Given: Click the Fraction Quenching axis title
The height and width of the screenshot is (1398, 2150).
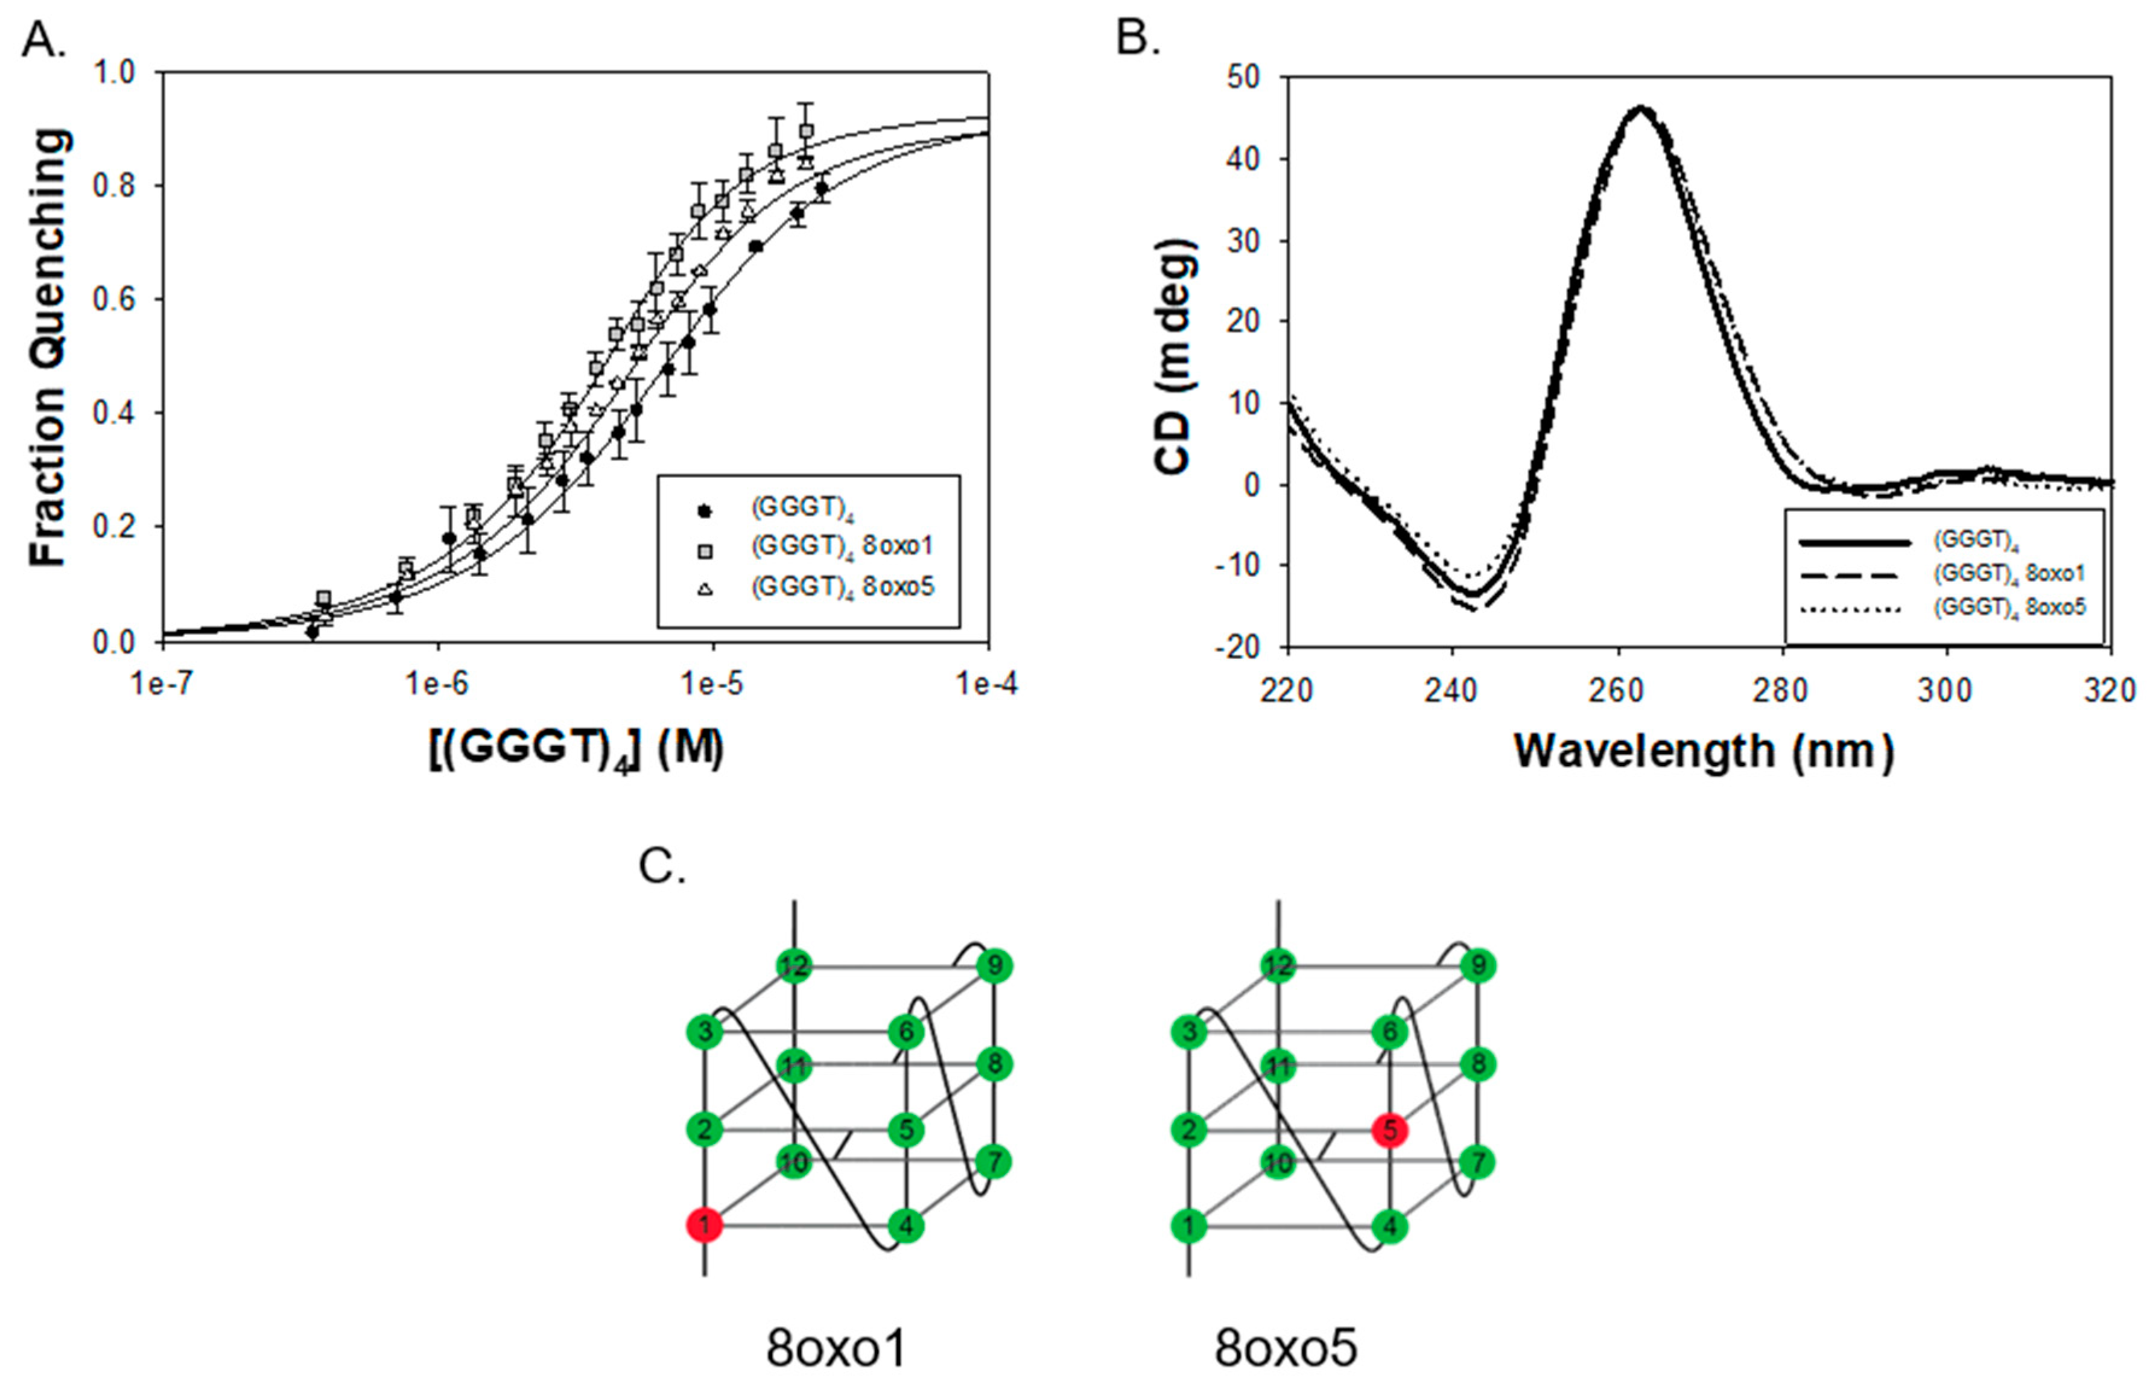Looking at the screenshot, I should [x=49, y=348].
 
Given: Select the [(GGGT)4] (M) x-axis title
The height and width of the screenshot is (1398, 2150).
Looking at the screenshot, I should [x=576, y=749].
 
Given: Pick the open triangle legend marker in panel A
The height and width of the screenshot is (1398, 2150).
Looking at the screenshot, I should [x=706, y=588].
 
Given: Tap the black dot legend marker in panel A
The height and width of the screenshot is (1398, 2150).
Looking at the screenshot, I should [x=706, y=510].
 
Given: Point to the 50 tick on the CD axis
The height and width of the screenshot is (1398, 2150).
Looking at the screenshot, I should [x=1245, y=78].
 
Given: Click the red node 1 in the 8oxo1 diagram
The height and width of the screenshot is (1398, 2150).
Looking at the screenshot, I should [x=704, y=1225].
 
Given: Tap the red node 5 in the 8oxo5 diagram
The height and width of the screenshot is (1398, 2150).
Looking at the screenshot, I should [x=1389, y=1130].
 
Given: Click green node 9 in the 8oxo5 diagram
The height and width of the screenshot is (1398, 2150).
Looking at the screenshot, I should [x=1479, y=966].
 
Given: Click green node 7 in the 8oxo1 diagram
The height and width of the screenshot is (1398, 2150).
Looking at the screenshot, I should [x=994, y=1161].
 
